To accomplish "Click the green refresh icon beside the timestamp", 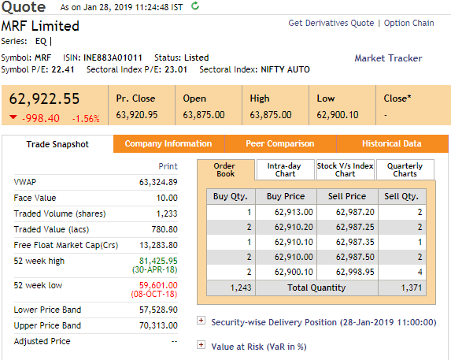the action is [x=195, y=6].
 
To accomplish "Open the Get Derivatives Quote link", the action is [x=331, y=23].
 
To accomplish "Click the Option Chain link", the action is [x=408, y=23].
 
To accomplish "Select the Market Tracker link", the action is [x=388, y=58].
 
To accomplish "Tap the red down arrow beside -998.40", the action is [x=13, y=117].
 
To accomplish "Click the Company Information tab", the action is [x=168, y=143].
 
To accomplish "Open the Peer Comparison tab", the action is [x=280, y=143].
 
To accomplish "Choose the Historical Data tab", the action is [x=392, y=143].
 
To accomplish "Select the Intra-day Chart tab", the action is [x=285, y=170].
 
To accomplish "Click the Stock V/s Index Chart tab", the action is [x=346, y=170].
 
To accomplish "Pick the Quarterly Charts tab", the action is [x=405, y=170].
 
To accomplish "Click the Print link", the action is [x=168, y=166].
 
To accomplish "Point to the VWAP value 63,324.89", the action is [x=158, y=182].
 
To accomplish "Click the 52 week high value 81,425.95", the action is [x=158, y=261].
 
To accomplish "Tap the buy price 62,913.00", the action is [x=294, y=212].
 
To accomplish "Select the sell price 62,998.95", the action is [x=355, y=272].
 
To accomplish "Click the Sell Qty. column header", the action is [x=401, y=196].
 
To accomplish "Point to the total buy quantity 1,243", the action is [x=241, y=288].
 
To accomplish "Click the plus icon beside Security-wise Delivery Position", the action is [x=201, y=321].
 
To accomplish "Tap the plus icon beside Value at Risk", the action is [x=201, y=344].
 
